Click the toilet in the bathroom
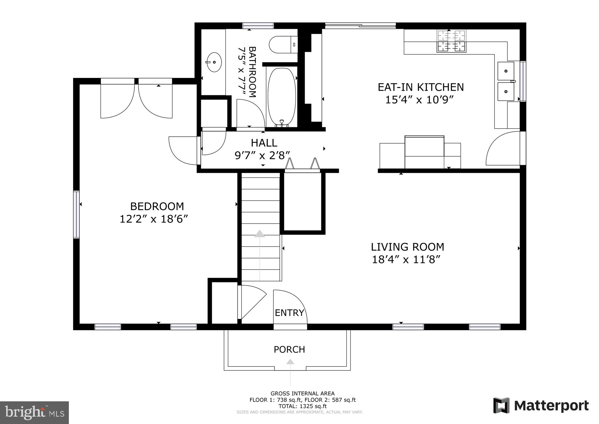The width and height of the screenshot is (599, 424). click(282, 44)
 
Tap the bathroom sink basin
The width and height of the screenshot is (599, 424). click(214, 62)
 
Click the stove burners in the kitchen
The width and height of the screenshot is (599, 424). click(451, 41)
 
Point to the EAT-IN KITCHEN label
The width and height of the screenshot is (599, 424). click(421, 87)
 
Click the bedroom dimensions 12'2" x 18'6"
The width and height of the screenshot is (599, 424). click(154, 219)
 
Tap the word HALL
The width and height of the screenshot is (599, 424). click(264, 143)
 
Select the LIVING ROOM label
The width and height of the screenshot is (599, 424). click(407, 247)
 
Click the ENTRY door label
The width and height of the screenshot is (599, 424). click(289, 313)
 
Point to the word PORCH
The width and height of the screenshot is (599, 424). click(289, 350)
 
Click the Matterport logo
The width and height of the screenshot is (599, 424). click(541, 405)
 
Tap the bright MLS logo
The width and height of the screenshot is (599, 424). click(34, 413)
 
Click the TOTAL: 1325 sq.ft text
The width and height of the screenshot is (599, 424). click(302, 406)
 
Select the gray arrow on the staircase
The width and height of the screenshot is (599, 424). click(259, 234)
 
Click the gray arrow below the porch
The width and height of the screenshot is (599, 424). click(290, 362)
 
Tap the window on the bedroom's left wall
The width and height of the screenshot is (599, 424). click(76, 214)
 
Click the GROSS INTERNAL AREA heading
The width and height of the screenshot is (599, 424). click(302, 393)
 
